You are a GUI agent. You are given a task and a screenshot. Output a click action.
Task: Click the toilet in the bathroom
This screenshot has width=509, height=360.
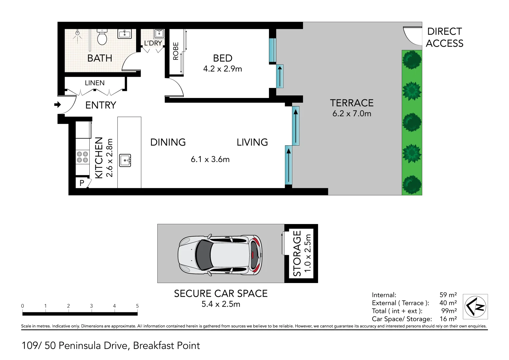(102, 37)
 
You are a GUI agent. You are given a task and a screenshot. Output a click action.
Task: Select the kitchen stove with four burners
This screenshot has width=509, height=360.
(82, 157)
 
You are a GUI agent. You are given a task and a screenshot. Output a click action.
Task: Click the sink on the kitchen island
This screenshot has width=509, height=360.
(125, 160)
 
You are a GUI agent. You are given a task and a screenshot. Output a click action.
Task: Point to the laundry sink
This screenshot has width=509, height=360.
(159, 33)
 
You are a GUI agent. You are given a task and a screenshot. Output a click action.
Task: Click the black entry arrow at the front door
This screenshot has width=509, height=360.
(57, 105)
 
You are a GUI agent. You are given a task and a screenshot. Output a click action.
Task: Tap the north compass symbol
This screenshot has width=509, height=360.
(475, 306)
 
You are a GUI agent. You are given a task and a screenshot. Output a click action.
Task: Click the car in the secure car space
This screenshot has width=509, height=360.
(220, 255)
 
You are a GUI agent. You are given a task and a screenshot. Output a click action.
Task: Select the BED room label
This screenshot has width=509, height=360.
(223, 58)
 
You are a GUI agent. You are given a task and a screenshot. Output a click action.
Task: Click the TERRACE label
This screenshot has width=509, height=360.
(352, 103)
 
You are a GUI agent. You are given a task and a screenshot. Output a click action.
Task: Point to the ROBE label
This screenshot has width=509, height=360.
(176, 51)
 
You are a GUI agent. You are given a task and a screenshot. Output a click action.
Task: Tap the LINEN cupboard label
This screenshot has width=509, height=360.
(95, 83)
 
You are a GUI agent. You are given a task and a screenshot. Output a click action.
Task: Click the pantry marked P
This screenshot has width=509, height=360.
(82, 183)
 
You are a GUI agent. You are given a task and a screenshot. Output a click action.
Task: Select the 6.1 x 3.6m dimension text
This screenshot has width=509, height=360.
(210, 159)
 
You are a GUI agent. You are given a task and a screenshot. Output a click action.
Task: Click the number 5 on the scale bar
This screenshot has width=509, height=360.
(137, 306)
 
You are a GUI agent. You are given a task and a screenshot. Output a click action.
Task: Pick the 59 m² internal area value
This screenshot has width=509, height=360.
(448, 295)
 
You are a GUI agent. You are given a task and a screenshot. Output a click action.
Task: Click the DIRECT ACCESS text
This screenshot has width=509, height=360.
(444, 37)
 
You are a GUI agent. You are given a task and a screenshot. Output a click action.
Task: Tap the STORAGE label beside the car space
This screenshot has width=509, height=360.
(297, 253)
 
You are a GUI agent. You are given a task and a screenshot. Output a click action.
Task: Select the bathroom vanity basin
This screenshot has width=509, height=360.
(125, 34)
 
